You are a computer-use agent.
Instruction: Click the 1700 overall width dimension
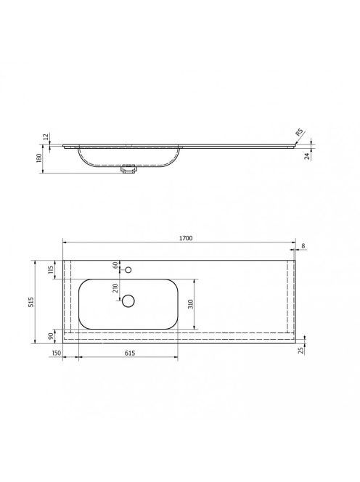point(186,238)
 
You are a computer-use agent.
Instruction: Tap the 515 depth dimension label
point(31,302)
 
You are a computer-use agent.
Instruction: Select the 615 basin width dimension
point(130,354)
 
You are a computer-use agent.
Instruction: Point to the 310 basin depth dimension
point(191,304)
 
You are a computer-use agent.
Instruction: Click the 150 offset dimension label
point(57,354)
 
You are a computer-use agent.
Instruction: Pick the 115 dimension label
point(51,269)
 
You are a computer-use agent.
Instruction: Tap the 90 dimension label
point(51,336)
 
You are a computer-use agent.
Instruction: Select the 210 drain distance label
point(115,288)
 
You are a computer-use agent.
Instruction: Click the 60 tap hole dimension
point(115,265)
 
